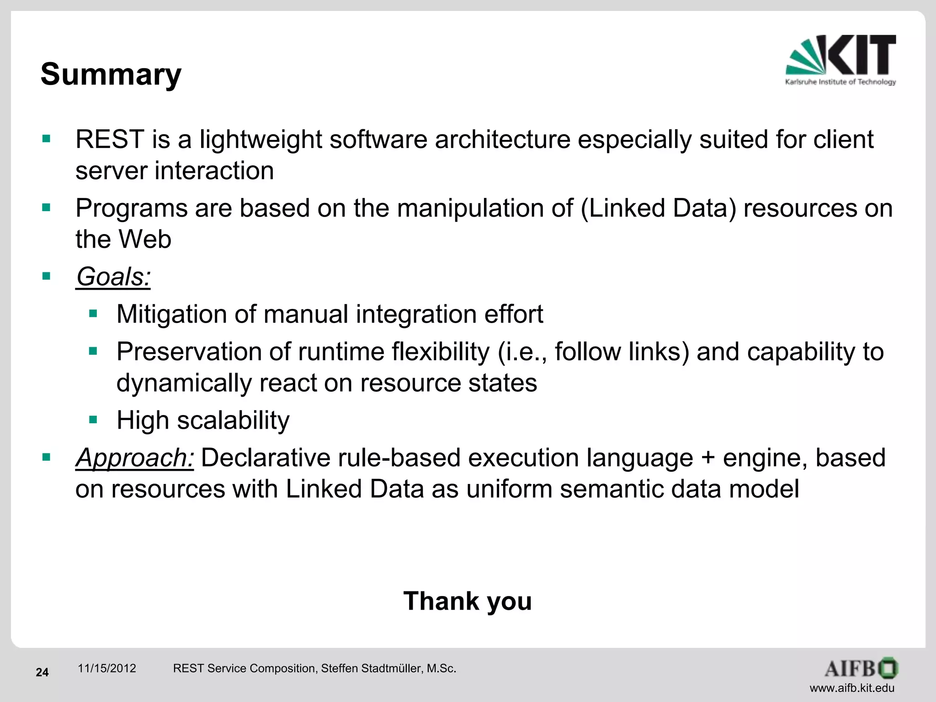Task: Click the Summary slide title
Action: coord(111,74)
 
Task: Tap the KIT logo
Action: coord(840,59)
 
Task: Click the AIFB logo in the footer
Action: coord(861,669)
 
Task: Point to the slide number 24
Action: coord(42,672)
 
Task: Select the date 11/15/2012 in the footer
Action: coord(107,669)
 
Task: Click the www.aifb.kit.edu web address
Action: coord(852,688)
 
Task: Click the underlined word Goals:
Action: coord(113,277)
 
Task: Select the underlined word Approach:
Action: coord(135,457)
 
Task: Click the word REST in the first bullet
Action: coord(110,139)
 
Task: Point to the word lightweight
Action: coord(261,139)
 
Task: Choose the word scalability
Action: coord(233,420)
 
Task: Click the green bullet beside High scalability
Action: coord(94,420)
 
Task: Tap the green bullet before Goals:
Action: coord(46,276)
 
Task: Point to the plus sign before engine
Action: coord(708,457)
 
